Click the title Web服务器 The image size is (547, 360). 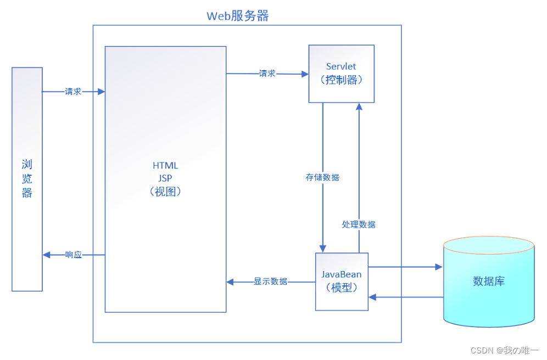click(x=237, y=15)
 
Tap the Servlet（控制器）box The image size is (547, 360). click(x=341, y=74)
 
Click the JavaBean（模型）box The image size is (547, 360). click(x=341, y=281)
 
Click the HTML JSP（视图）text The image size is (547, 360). click(x=165, y=179)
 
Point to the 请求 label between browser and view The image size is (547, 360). click(x=73, y=92)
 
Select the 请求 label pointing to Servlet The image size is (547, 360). click(x=267, y=74)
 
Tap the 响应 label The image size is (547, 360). click(x=73, y=255)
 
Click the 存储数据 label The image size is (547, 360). click(x=322, y=178)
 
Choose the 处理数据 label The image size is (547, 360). click(x=359, y=224)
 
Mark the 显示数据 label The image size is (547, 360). click(x=270, y=282)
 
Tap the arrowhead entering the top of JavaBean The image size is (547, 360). click(x=323, y=248)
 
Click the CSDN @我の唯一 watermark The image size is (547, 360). click(x=505, y=350)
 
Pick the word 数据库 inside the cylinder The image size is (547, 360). click(x=488, y=282)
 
